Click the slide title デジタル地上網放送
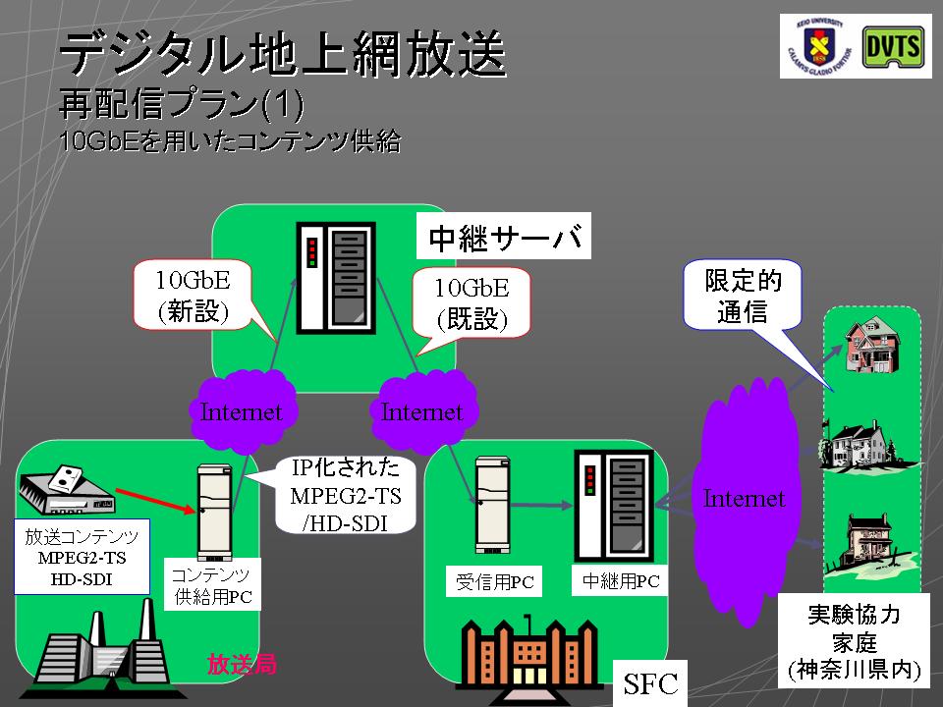(283, 55)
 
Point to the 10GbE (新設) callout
(193, 296)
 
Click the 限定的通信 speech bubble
(742, 296)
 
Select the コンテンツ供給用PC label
(211, 585)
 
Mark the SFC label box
(650, 683)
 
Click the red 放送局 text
(241, 665)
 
